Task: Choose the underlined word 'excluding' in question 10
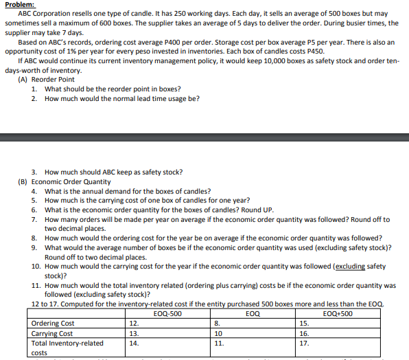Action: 351,266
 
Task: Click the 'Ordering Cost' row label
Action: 54,323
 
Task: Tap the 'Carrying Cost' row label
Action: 52,333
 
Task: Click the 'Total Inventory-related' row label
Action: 68,343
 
